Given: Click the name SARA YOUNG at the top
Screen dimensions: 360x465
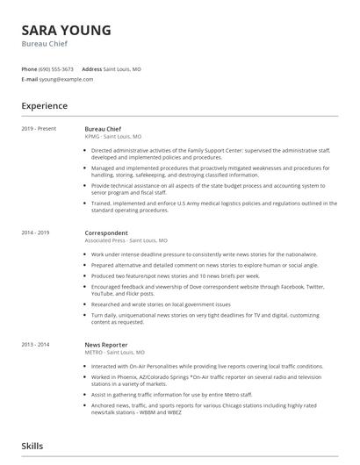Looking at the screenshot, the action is pyautogui.click(x=67, y=31).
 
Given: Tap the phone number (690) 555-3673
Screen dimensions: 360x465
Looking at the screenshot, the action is pyautogui.click(x=57, y=69).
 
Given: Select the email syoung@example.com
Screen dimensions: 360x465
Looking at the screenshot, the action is pyautogui.click(x=65, y=79).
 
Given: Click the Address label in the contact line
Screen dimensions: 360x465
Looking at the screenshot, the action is pyautogui.click(x=92, y=69).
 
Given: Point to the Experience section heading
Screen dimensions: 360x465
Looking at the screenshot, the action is pyautogui.click(x=45, y=106).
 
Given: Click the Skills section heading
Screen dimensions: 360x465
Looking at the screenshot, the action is pyautogui.click(x=33, y=447).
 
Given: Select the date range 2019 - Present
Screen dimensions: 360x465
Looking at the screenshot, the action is pyautogui.click(x=40, y=129).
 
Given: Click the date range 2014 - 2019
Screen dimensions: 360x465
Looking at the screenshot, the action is pyautogui.click(x=36, y=233).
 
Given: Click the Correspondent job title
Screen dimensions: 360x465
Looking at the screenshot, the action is pyautogui.click(x=105, y=233).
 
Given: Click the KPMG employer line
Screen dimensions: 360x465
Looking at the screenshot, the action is pyautogui.click(x=112, y=137).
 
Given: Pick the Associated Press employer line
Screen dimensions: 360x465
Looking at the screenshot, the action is pyautogui.click(x=126, y=240).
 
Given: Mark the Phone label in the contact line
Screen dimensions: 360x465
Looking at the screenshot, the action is pyautogui.click(x=29, y=69).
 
